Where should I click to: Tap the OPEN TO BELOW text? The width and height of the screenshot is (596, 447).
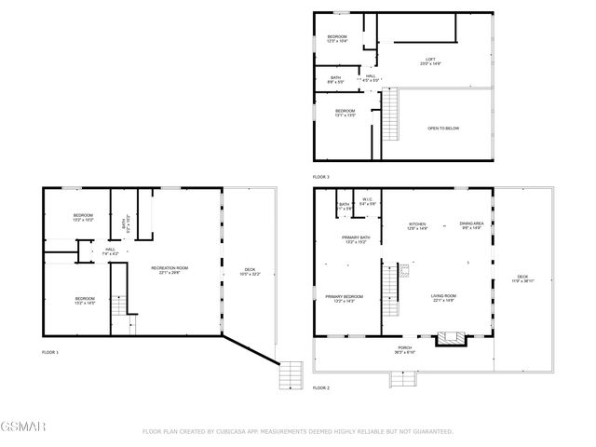click(443, 129)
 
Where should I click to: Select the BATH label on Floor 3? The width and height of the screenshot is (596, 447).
click(335, 80)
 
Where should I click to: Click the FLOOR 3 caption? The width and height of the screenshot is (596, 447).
click(321, 177)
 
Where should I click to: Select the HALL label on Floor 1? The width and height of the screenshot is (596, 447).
click(110, 250)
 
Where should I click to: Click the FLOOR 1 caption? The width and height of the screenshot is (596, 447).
click(50, 353)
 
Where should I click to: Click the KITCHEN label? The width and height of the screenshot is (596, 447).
click(417, 225)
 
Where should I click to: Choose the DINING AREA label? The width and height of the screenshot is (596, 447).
click(471, 225)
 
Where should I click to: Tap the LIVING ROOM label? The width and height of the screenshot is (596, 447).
click(443, 297)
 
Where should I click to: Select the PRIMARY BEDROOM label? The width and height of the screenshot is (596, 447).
click(344, 298)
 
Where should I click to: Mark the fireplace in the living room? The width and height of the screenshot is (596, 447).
click(451, 337)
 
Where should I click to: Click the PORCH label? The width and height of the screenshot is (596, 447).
click(404, 350)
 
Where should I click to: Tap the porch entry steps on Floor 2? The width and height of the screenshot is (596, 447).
click(403, 377)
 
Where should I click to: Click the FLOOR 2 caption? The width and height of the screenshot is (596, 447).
click(321, 387)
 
